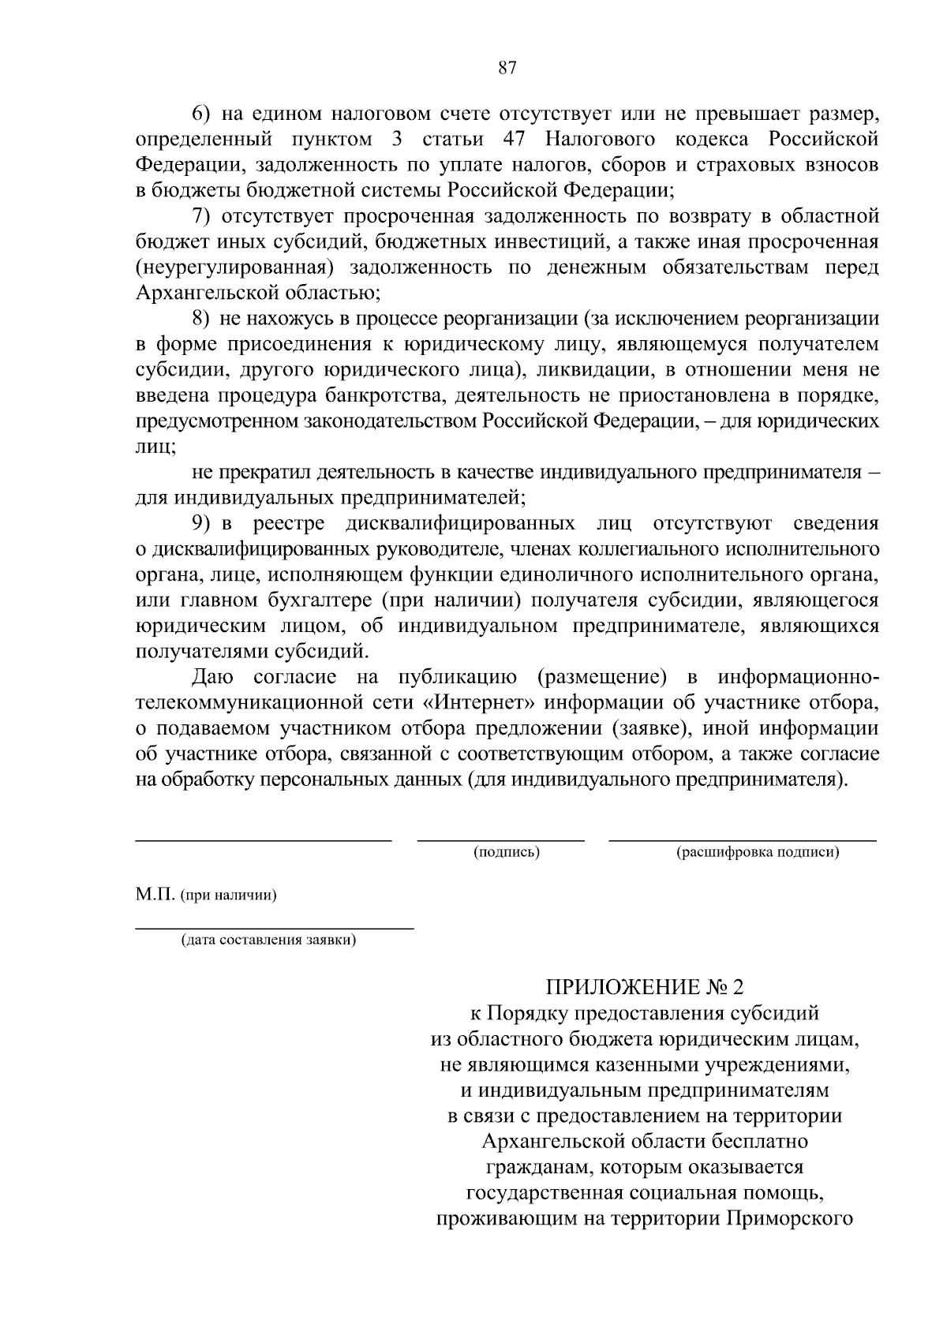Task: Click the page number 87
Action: tap(507, 68)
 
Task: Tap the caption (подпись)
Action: tap(506, 852)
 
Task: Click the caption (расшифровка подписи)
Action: tap(758, 852)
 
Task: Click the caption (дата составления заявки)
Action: tap(268, 940)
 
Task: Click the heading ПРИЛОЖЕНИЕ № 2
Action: tap(645, 986)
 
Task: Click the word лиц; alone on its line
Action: tap(155, 447)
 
